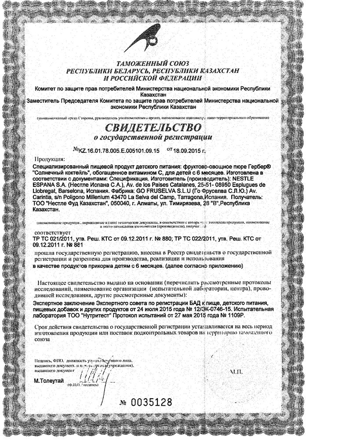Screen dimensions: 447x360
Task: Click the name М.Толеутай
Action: pyautogui.click(x=49, y=380)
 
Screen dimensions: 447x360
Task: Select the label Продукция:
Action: pyautogui.click(x=49, y=159)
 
